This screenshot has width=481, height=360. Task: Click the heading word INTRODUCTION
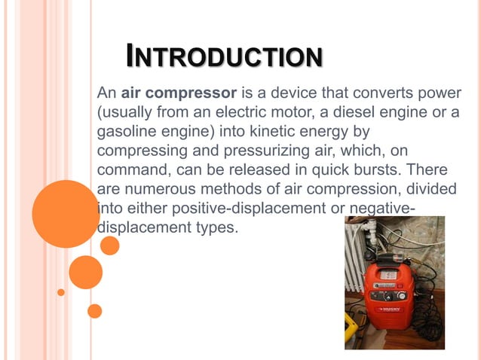click(x=224, y=56)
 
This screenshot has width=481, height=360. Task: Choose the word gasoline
click(x=127, y=132)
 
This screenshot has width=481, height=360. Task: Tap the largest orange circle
click(x=66, y=213)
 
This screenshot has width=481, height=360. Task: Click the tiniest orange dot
click(x=60, y=292)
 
